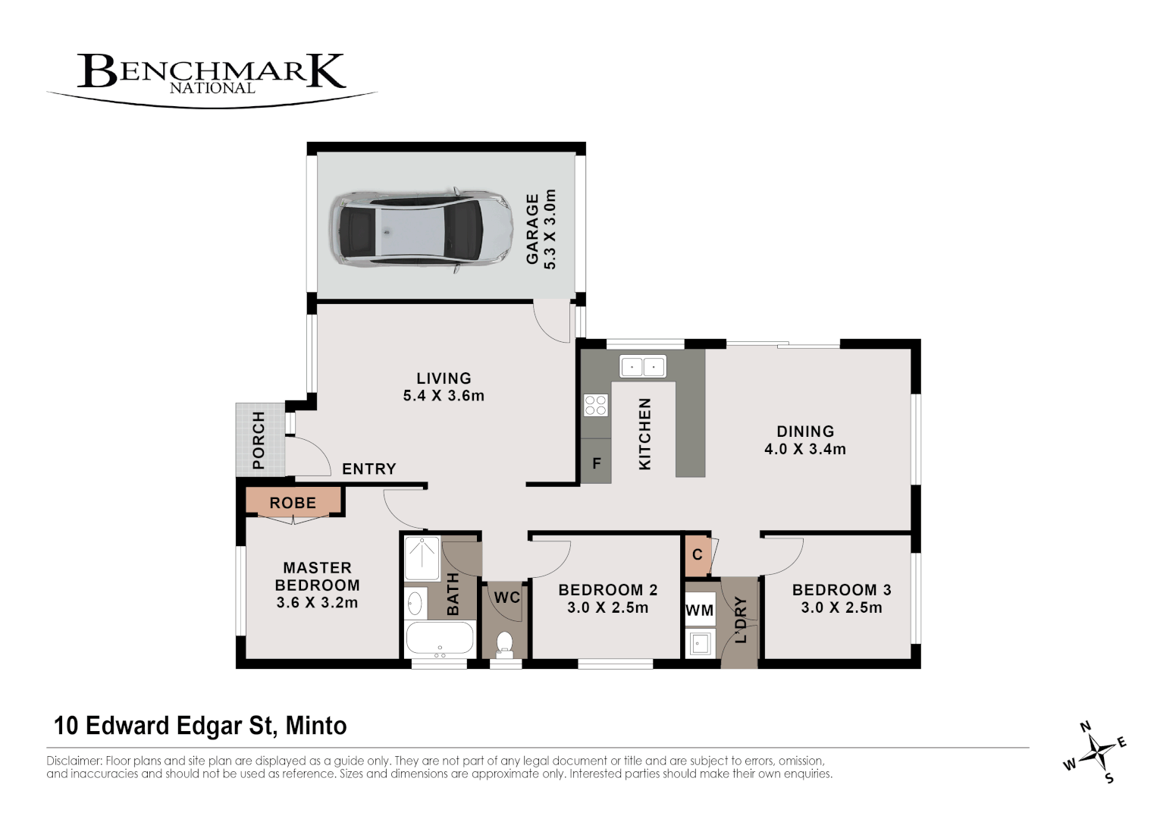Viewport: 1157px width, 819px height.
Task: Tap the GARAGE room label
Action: pyautogui.click(x=533, y=229)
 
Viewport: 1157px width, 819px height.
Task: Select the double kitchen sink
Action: pyautogui.click(x=642, y=366)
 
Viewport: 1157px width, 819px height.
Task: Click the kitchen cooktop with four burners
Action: pyautogui.click(x=596, y=405)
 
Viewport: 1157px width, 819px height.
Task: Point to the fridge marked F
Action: pyautogui.click(x=597, y=463)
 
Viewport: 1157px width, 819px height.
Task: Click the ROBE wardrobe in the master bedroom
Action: pyautogui.click(x=293, y=503)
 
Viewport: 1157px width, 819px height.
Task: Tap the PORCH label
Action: pyautogui.click(x=259, y=440)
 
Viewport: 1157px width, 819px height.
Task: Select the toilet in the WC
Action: pyautogui.click(x=504, y=644)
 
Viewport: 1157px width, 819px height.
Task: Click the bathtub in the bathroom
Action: pyautogui.click(x=440, y=639)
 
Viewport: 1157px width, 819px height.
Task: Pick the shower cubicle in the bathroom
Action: pyautogui.click(x=422, y=558)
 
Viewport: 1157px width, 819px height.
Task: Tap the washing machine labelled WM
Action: pyautogui.click(x=699, y=610)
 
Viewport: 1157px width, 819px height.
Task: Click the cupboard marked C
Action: pyautogui.click(x=697, y=554)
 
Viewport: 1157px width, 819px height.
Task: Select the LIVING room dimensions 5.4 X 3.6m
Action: pyautogui.click(x=444, y=395)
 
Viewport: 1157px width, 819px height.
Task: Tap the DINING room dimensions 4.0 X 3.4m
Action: pyautogui.click(x=804, y=449)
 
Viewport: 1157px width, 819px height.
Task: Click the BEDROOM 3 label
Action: pyautogui.click(x=842, y=590)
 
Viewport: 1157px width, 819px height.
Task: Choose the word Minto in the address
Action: pyautogui.click(x=316, y=726)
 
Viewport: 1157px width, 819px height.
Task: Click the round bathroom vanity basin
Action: pyautogui.click(x=415, y=604)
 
